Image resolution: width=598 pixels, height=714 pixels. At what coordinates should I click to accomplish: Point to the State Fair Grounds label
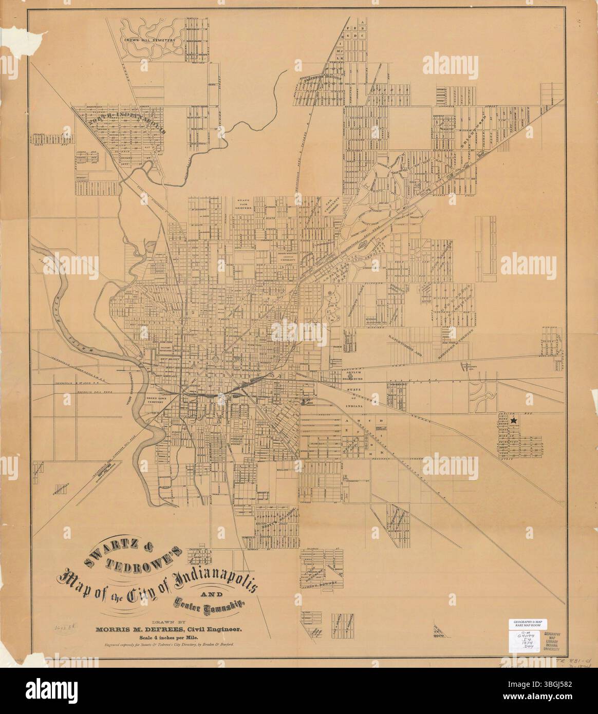pos(244,204)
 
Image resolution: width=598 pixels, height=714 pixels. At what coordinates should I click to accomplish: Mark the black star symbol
pos(513,421)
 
